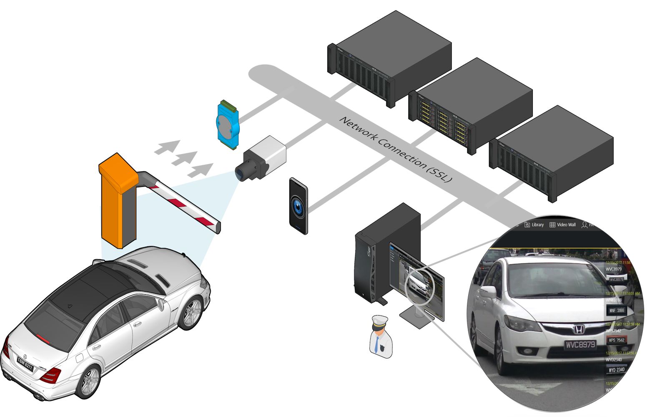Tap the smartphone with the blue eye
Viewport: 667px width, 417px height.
(x=298, y=206)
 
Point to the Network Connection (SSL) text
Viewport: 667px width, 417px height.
(x=395, y=149)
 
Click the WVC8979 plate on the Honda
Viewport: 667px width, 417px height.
(x=580, y=344)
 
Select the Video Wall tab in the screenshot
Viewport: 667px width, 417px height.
(x=562, y=225)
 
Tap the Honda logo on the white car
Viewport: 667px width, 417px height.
(x=578, y=329)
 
